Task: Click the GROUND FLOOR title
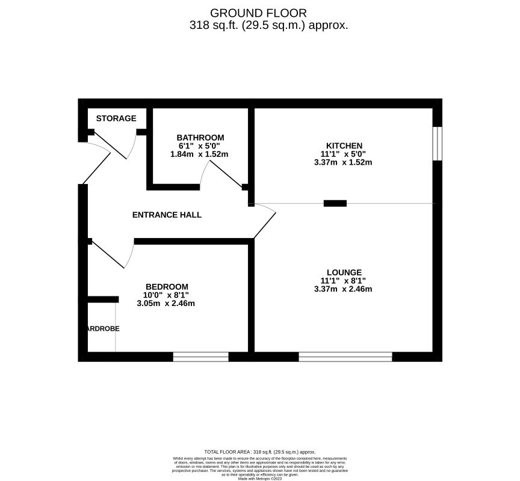click(258, 13)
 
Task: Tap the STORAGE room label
click(116, 118)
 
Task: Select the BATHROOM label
click(200, 138)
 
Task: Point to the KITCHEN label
click(344, 146)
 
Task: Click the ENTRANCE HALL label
click(167, 215)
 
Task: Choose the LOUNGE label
click(344, 272)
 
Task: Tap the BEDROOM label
click(167, 287)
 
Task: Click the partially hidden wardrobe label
click(103, 329)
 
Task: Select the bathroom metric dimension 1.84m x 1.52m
click(200, 155)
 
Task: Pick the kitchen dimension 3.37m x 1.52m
click(344, 162)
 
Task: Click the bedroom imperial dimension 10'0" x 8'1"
click(166, 295)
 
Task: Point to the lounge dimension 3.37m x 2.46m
click(344, 289)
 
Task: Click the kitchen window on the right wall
click(438, 144)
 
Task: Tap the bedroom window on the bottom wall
click(201, 357)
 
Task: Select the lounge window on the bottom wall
click(345, 357)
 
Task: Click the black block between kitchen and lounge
click(335, 203)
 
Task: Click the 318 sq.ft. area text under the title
click(268, 25)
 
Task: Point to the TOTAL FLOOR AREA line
click(259, 452)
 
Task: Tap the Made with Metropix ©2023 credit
click(260, 479)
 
